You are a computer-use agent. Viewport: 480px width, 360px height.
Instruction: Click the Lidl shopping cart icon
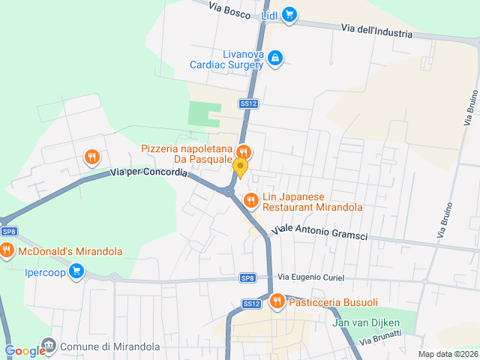coord(289,14)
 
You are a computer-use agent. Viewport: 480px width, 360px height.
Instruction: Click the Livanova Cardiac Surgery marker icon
coord(275,57)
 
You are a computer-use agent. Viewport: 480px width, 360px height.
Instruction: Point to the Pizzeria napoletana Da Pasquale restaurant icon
coord(242,151)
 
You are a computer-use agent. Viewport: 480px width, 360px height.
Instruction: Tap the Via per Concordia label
coord(148,172)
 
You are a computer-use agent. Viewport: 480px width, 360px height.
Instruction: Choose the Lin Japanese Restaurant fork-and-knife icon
coord(251,199)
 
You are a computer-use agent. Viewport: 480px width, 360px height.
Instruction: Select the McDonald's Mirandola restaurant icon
coord(7,250)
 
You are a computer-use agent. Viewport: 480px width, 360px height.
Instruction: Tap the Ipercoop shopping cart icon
coord(76,271)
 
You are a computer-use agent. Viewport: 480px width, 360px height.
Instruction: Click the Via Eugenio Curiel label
coord(311,277)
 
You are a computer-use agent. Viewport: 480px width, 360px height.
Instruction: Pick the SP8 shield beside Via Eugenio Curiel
coord(248,278)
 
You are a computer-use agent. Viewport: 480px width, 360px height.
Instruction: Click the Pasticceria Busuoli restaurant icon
coord(277,301)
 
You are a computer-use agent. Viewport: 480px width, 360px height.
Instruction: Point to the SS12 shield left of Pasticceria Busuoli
coord(251,304)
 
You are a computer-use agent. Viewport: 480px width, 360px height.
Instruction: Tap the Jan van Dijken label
coord(367,323)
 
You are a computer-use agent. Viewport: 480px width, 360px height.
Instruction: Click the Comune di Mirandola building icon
coord(49,346)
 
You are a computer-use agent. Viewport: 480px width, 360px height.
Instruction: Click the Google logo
coord(25,351)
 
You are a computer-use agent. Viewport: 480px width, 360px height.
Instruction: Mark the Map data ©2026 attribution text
coord(448,354)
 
